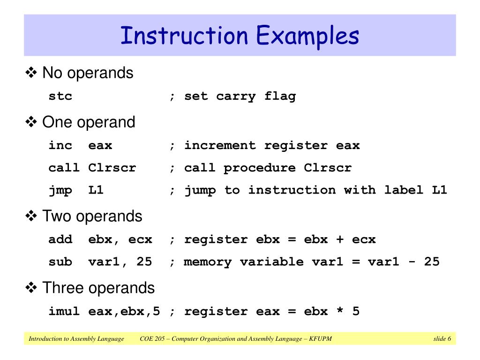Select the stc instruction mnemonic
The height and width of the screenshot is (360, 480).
tap(60, 97)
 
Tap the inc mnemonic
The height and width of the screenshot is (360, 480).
tap(60, 145)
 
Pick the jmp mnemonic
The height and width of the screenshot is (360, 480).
tap(60, 190)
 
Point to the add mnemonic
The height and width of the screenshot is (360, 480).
tap(60, 240)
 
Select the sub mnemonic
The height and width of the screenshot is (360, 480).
tap(60, 262)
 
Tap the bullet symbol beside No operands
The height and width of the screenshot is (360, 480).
tap(32, 73)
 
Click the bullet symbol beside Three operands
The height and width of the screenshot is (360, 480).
tap(32, 288)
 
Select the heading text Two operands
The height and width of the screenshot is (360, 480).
tap(92, 216)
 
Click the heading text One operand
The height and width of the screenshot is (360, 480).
tap(89, 122)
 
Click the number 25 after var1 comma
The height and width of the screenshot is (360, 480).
tap(144, 262)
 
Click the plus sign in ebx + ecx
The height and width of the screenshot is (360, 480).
tap(340, 240)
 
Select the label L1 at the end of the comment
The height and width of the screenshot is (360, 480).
tap(439, 190)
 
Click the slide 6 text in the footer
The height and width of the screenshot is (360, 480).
tap(442, 339)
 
